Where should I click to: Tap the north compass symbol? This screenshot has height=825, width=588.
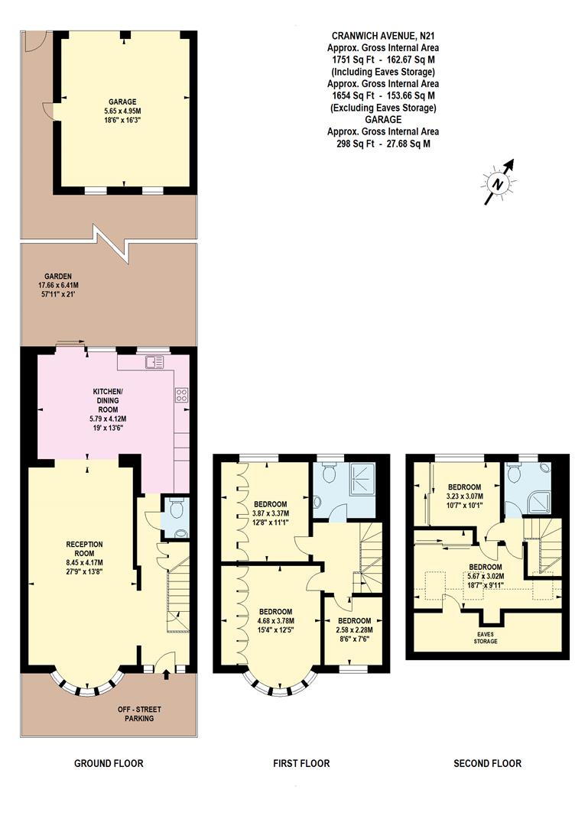498,183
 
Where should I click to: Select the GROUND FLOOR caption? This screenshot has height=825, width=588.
108,763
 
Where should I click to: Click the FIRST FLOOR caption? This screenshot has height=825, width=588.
301,763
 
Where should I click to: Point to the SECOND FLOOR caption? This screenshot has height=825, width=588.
487,763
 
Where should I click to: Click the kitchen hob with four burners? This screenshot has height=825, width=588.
182,395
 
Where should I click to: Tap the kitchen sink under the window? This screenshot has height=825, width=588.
156,361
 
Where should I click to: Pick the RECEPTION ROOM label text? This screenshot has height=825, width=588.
84,545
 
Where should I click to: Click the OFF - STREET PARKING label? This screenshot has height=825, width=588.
135,713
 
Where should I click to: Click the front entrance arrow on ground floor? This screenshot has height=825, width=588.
166,675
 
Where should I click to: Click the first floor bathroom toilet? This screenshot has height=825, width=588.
329,474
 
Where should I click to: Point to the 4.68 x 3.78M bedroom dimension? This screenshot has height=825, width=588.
275,621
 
